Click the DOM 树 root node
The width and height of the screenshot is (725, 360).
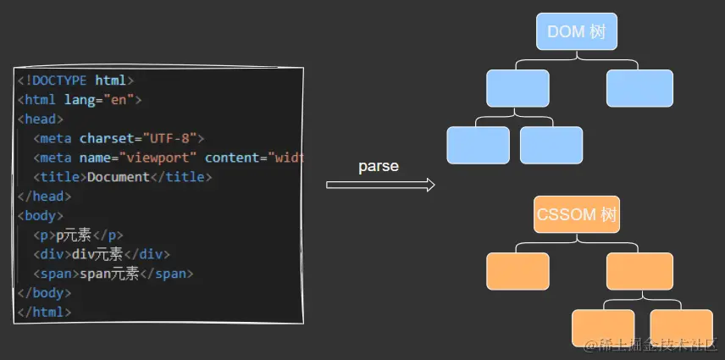point(577,32)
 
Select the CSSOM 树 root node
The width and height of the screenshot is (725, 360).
point(577,214)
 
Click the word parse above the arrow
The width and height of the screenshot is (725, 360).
point(379,166)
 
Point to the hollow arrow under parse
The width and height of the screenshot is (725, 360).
point(380,185)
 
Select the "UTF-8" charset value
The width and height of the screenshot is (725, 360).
point(173,138)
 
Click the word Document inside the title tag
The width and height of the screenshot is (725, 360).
point(118,177)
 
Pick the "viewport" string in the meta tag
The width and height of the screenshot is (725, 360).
point(159,158)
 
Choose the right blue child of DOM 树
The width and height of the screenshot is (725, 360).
point(639,88)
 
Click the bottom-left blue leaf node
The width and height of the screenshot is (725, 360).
point(478,145)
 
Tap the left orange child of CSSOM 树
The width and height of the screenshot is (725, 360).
point(517,271)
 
